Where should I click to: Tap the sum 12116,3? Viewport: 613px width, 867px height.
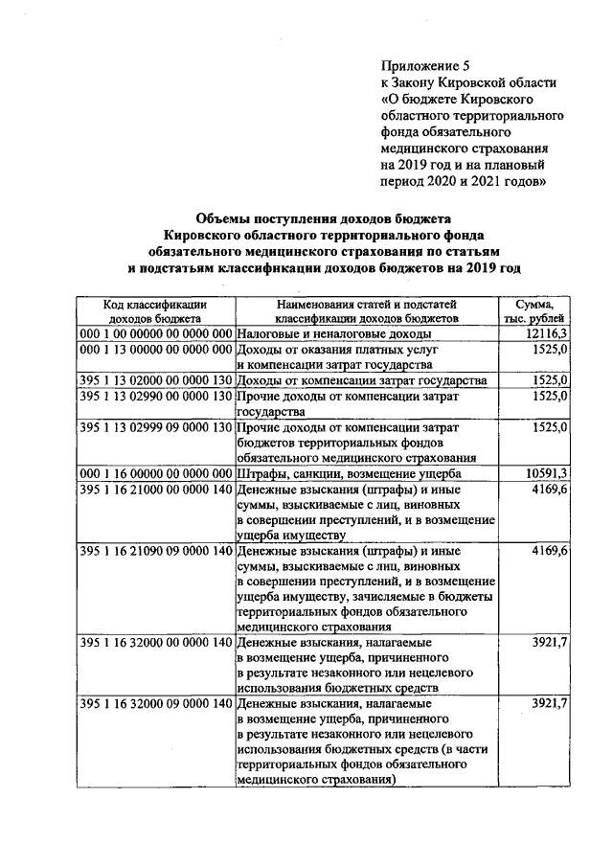tap(547, 332)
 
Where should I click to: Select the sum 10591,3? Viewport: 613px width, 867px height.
tap(547, 473)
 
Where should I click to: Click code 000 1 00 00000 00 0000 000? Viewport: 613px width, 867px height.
tap(155, 332)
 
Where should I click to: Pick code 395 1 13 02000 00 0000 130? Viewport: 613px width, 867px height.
tap(155, 379)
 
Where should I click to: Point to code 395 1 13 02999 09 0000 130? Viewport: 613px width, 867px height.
tap(155, 426)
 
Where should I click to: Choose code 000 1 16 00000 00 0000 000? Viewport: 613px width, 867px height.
tap(155, 473)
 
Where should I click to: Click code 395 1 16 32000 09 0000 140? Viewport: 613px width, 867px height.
tap(155, 705)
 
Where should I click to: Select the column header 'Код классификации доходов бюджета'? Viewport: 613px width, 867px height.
tap(155, 309)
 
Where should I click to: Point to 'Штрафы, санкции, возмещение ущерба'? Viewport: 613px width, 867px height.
tap(350, 474)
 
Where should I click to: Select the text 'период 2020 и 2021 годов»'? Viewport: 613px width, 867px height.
tap(463, 181)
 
